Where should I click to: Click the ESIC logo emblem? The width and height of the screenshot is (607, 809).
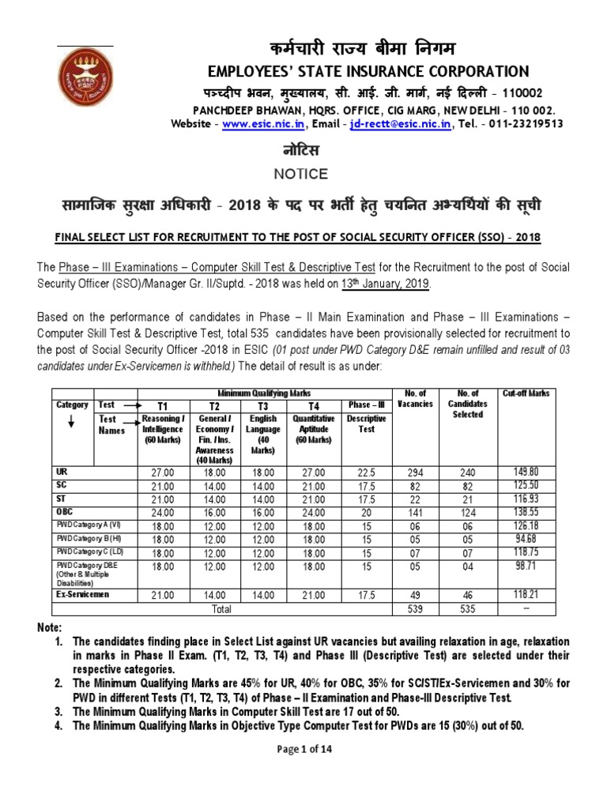tap(85, 80)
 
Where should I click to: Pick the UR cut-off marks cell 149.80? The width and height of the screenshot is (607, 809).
tap(528, 472)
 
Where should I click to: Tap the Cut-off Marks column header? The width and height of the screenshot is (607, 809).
tap(526, 393)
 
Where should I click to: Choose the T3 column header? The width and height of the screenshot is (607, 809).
tap(263, 405)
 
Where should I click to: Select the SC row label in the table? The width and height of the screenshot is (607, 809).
tap(62, 484)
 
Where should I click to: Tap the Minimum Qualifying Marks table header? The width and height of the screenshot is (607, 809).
tap(264, 393)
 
